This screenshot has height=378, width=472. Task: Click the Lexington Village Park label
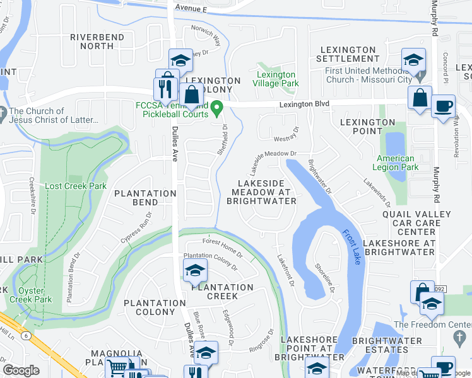pos(276,79)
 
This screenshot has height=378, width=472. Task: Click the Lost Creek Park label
pos(76,186)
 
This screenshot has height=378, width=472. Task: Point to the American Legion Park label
pos(396,163)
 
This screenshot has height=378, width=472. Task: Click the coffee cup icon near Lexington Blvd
pos(443,105)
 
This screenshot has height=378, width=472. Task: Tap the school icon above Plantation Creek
pos(195,271)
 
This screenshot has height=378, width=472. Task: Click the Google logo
pos(21,370)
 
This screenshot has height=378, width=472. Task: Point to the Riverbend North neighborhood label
pos(97,42)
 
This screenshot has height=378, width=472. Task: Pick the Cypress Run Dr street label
pos(138,229)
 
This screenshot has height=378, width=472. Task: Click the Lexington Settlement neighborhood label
pos(348,54)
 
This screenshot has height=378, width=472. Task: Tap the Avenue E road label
pos(191,8)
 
